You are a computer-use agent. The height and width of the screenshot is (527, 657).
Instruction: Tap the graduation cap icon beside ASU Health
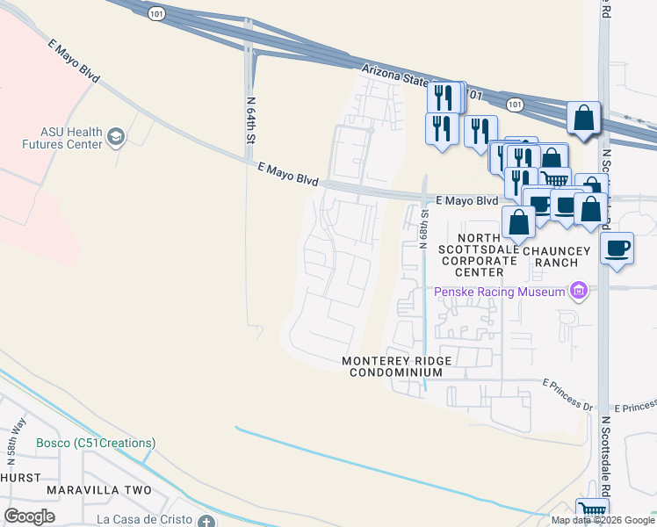(x=116, y=137)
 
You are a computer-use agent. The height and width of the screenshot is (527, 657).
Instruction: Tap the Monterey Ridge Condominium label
(x=392, y=366)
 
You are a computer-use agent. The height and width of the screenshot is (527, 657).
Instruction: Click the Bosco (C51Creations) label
(x=96, y=443)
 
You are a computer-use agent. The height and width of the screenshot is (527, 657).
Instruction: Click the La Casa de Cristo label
(x=144, y=518)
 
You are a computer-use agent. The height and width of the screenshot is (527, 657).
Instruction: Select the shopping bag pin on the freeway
(x=583, y=118)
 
